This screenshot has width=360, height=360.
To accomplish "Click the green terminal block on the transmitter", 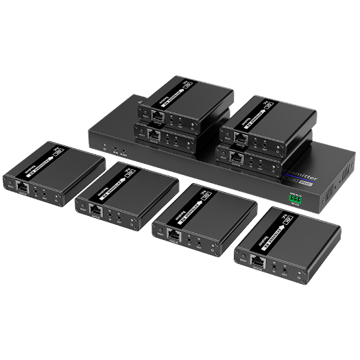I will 296,197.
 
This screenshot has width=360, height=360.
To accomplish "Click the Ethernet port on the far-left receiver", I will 23,187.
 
